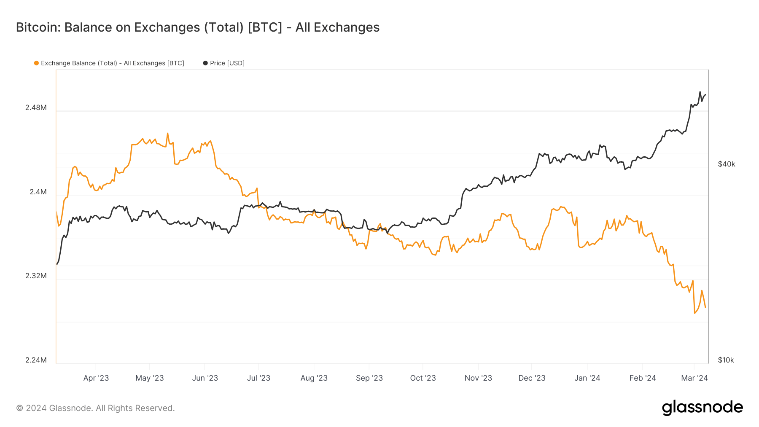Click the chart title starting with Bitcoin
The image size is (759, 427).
click(198, 27)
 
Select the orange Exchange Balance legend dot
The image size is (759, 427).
click(36, 63)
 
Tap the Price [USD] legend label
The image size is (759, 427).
click(227, 63)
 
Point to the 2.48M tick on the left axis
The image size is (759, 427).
click(36, 107)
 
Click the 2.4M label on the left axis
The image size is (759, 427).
click(38, 192)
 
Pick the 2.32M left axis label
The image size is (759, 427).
click(36, 276)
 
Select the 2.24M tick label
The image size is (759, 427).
click(36, 360)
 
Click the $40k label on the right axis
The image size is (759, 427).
click(727, 164)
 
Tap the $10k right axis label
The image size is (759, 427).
click(726, 360)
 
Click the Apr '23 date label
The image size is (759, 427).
click(96, 378)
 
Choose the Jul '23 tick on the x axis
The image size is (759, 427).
click(258, 378)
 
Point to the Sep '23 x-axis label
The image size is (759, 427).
click(369, 378)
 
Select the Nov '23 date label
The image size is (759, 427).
click(478, 378)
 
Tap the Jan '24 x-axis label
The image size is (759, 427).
click(587, 378)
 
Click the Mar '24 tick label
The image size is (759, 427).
click(694, 378)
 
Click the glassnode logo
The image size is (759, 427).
click(702, 408)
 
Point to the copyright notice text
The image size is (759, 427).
click(95, 408)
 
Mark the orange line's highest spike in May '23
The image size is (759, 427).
click(167, 134)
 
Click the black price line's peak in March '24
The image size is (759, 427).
click(700, 92)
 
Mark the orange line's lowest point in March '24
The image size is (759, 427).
click(694, 313)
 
